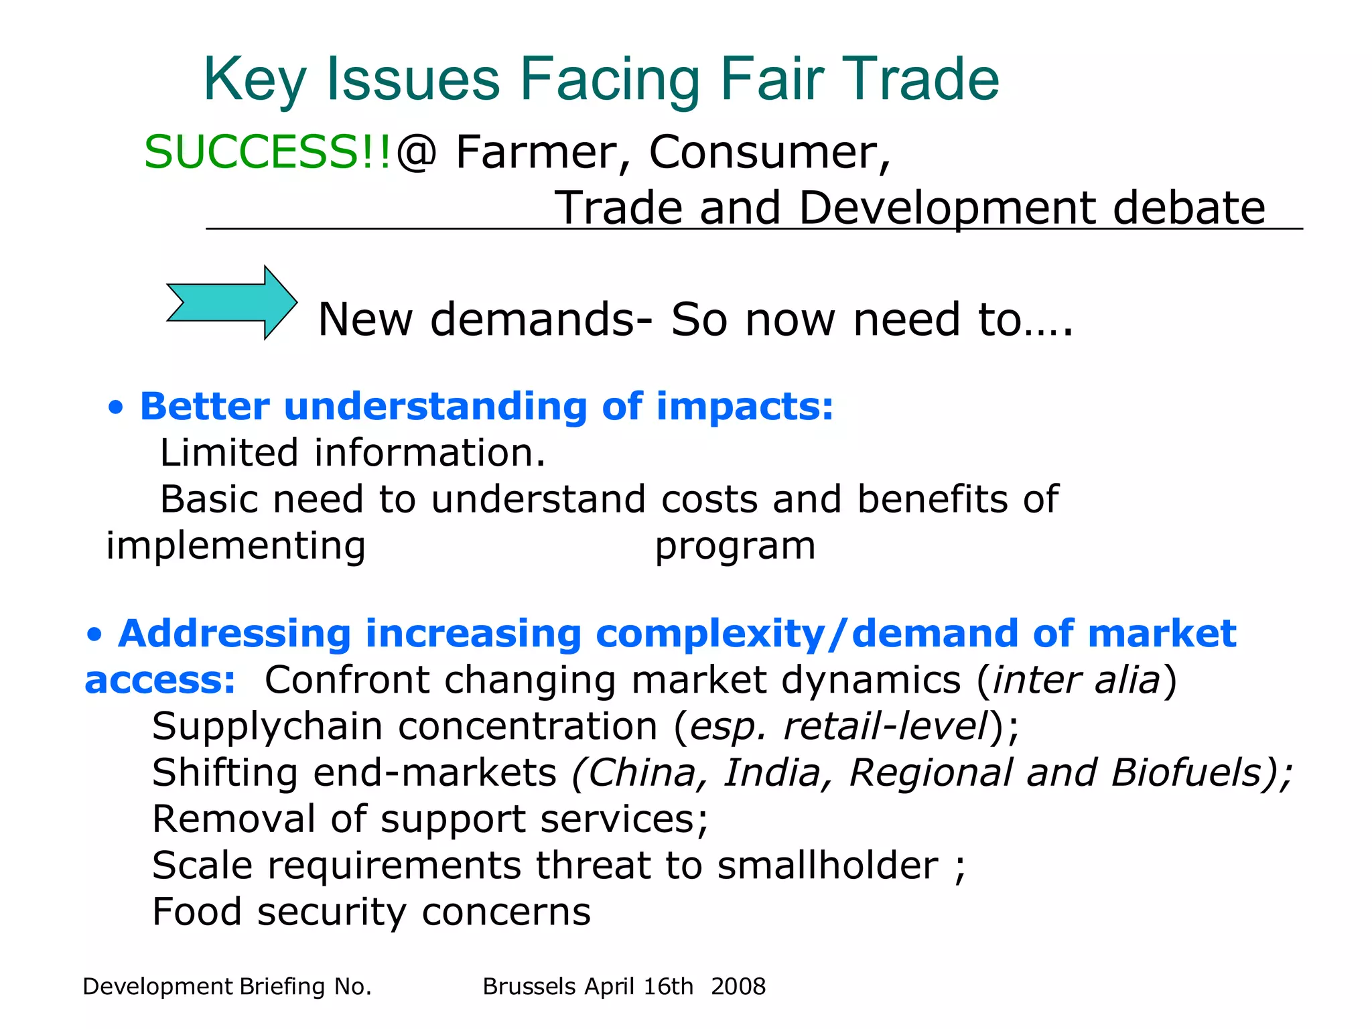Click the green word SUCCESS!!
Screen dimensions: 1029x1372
tap(267, 152)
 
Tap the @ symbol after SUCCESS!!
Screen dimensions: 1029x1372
tap(416, 152)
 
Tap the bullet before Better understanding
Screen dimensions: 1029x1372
tap(116, 407)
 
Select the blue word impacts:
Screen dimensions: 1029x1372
tap(744, 407)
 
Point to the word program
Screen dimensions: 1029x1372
tap(735, 546)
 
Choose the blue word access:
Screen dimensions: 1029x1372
tap(159, 681)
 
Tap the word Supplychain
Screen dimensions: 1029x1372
tap(267, 728)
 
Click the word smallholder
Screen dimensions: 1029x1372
tap(828, 866)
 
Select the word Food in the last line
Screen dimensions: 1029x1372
tap(196, 912)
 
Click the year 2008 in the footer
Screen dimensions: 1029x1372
tap(738, 986)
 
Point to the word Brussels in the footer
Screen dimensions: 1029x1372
tap(529, 986)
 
